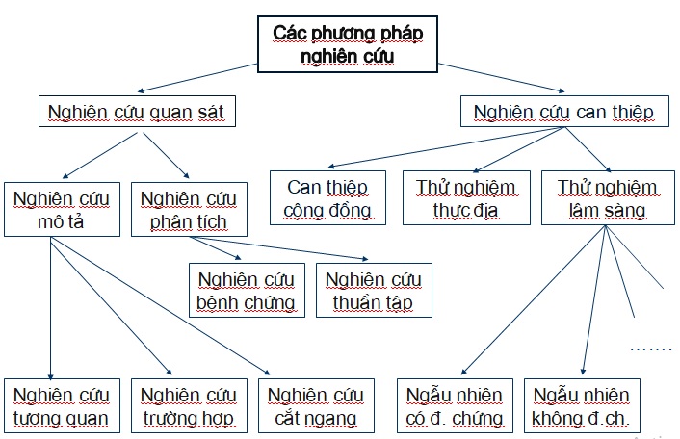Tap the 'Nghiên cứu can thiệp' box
click(563, 113)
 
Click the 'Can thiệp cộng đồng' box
click(324, 198)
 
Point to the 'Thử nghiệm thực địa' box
click(465, 198)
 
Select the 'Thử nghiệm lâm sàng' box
click(607, 198)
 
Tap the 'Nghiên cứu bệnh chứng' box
click(245, 292)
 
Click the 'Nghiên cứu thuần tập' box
click(374, 292)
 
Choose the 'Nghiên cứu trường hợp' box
click(188, 406)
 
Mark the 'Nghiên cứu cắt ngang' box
click(315, 406)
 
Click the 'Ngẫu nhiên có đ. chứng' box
click(455, 406)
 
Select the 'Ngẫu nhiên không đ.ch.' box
click(581, 406)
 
